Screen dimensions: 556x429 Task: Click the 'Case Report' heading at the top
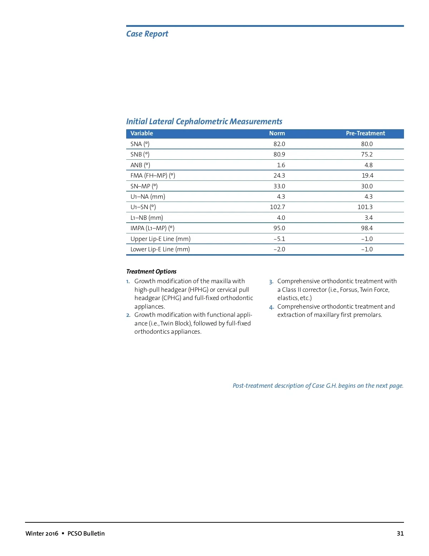click(x=147, y=34)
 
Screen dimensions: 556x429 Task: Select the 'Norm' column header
click(x=277, y=134)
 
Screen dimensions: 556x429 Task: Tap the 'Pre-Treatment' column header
click(x=365, y=134)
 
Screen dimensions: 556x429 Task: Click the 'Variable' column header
click(x=142, y=134)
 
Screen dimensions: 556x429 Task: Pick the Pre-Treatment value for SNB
click(x=367, y=155)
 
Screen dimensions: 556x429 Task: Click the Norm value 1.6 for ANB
click(x=281, y=165)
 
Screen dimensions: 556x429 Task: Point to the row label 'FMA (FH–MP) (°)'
click(x=153, y=176)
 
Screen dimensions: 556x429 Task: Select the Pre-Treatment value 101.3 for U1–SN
click(x=365, y=207)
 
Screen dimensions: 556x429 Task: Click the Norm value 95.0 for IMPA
click(x=279, y=228)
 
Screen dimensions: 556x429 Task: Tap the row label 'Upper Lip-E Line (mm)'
click(x=160, y=239)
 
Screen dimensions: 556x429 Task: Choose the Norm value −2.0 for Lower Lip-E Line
click(x=279, y=250)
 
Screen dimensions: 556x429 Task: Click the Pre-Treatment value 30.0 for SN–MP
click(x=367, y=186)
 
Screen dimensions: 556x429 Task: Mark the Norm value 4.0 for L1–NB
click(x=281, y=218)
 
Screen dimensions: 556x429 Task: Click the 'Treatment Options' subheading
click(x=151, y=271)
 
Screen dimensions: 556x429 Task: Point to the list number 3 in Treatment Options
click(x=271, y=282)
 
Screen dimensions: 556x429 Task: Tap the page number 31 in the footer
click(x=400, y=533)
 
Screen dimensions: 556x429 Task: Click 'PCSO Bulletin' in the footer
click(x=86, y=533)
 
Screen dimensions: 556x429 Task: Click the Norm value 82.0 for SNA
click(x=279, y=144)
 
